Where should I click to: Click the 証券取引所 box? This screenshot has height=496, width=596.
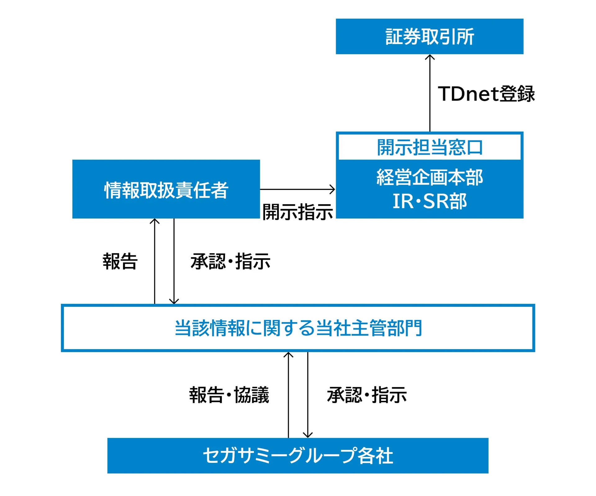pyautogui.click(x=430, y=36)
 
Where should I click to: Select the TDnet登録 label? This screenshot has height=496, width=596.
pyautogui.click(x=486, y=94)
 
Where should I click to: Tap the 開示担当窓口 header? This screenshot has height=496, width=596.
pyautogui.click(x=430, y=147)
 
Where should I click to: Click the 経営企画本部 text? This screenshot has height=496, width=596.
pyautogui.click(x=430, y=177)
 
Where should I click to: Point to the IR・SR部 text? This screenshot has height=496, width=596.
pyautogui.click(x=430, y=201)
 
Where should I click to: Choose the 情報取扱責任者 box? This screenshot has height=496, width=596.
pyautogui.click(x=166, y=189)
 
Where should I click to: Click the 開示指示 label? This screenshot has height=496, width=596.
pyautogui.click(x=298, y=212)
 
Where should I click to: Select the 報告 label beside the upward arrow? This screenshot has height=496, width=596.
pyautogui.click(x=120, y=261)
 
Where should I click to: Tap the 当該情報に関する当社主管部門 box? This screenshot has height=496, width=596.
pyautogui.click(x=298, y=328)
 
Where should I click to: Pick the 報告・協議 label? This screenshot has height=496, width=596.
pyautogui.click(x=229, y=395)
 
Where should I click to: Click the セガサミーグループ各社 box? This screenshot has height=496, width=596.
pyautogui.click(x=298, y=456)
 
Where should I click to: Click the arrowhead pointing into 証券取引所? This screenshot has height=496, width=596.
pyautogui.click(x=430, y=57)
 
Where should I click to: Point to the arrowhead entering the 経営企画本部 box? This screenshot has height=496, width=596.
pyautogui.click(x=332, y=189)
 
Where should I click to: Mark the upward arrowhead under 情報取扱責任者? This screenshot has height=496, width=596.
pyautogui.click(x=155, y=221)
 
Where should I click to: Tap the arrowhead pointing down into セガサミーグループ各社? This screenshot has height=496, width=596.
pyautogui.click(x=308, y=435)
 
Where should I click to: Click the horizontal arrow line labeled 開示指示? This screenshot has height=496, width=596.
pyautogui.click(x=298, y=189)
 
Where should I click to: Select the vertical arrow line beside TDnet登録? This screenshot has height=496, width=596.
pyautogui.click(x=430, y=93)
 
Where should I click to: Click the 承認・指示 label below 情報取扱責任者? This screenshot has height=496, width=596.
pyautogui.click(x=231, y=261)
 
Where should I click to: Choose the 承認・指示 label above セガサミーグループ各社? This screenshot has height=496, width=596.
pyautogui.click(x=367, y=395)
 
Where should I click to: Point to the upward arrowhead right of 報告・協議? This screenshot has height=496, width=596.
pyautogui.click(x=288, y=355)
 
